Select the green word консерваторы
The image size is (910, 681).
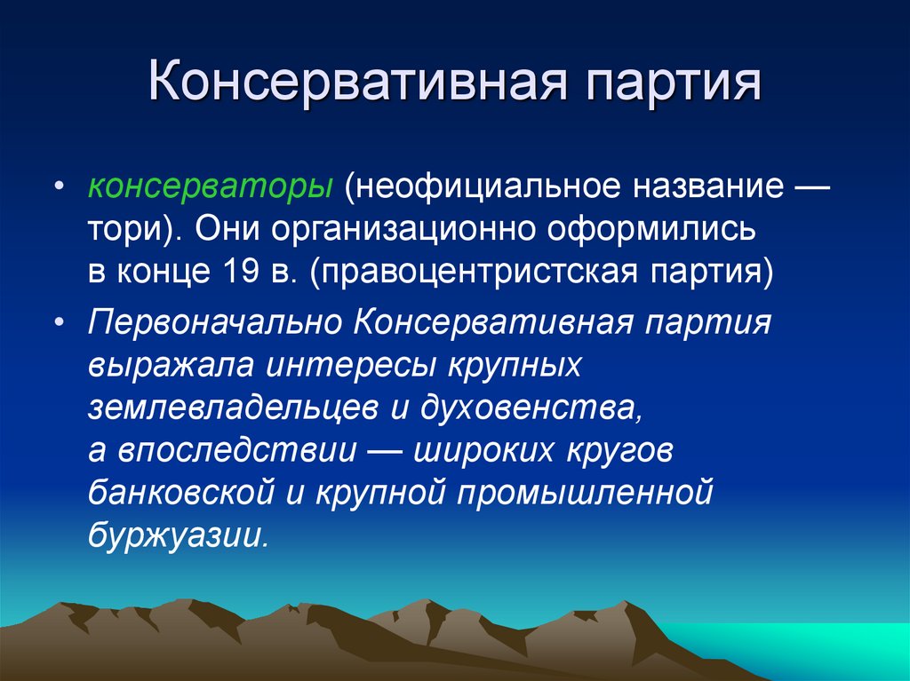(211, 188)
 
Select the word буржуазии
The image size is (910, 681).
(178, 534)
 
